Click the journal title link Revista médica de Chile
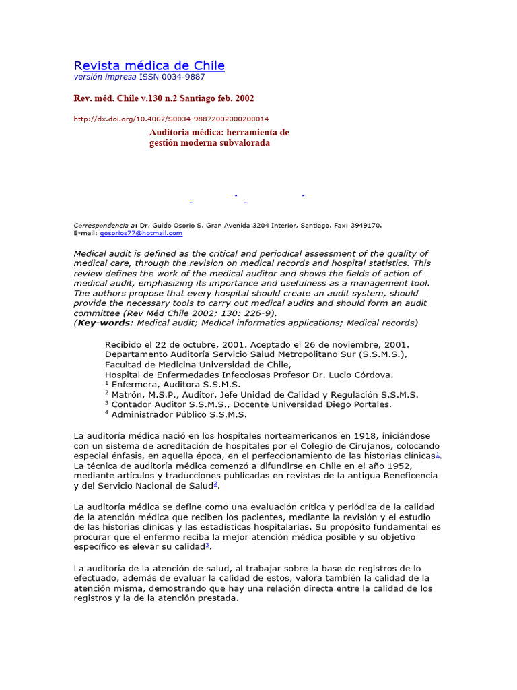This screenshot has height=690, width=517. tap(149, 65)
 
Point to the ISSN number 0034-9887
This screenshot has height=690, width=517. tap(181, 77)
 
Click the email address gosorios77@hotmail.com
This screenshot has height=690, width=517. tap(141, 233)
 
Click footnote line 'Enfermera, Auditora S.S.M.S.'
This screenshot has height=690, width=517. tap(176, 385)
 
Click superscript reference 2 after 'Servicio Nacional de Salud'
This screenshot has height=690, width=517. tap(215, 484)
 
